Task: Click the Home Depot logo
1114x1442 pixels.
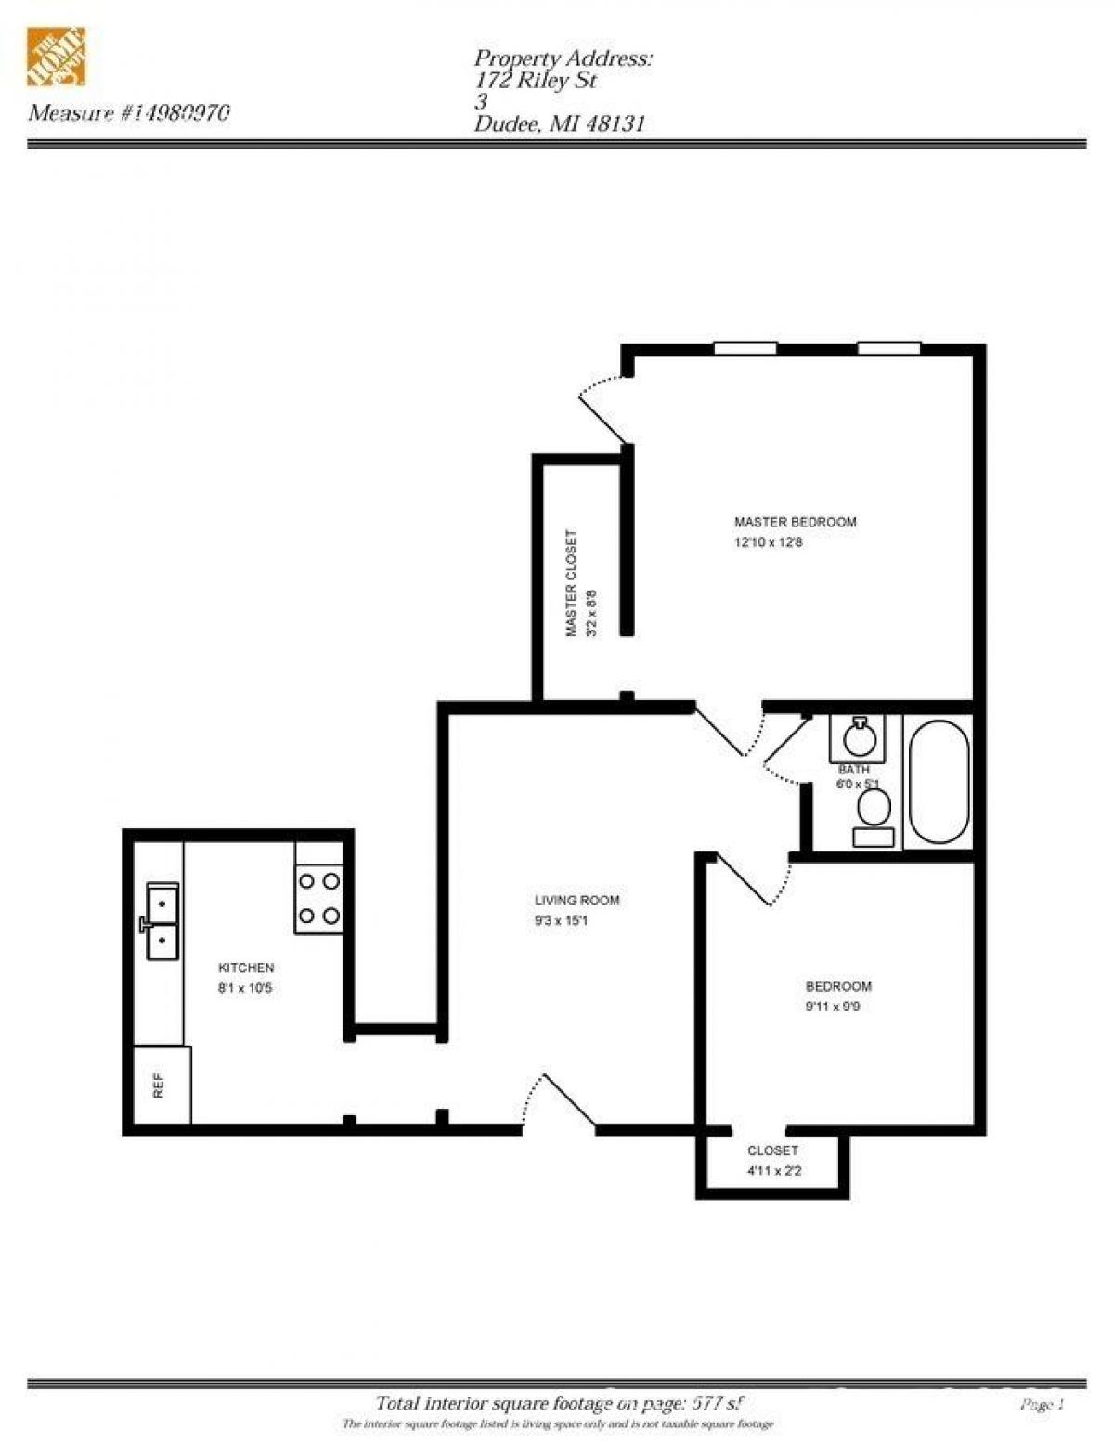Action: (x=56, y=58)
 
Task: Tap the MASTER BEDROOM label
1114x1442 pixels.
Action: (x=795, y=522)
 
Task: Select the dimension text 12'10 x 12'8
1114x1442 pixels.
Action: (x=768, y=542)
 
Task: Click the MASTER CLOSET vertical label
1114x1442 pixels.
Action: (x=571, y=583)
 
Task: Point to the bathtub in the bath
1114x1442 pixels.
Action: (x=939, y=782)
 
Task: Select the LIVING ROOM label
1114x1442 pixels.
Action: (x=576, y=901)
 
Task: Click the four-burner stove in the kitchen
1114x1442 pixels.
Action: (x=318, y=898)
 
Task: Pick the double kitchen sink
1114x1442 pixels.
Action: (x=162, y=921)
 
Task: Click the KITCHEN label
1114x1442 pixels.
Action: (x=246, y=968)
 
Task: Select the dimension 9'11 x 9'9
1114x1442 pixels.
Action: (x=833, y=1007)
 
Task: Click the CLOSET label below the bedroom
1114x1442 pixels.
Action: (x=772, y=1150)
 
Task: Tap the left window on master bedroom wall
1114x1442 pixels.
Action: (x=745, y=349)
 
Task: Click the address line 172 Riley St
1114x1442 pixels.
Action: (x=536, y=81)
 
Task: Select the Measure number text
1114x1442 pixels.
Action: (x=130, y=113)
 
